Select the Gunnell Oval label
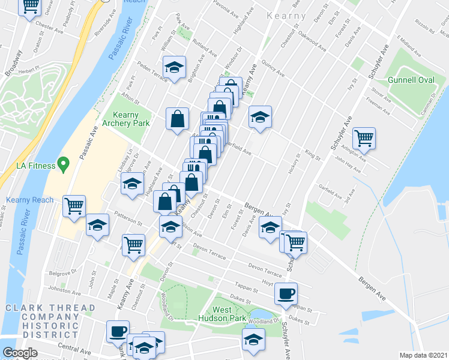point(410,80)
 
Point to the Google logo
point(20,353)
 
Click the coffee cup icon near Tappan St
point(286,293)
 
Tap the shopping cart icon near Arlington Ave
point(364,137)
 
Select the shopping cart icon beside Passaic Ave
point(74,205)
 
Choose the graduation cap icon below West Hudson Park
point(253,339)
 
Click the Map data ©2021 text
point(424,355)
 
